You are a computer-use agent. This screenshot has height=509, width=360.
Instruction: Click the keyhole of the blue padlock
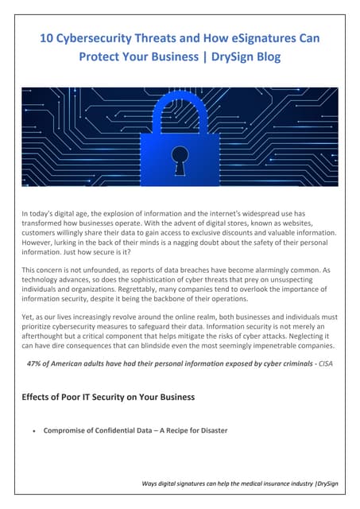[180, 157]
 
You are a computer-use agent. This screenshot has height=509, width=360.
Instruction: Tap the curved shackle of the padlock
[180, 111]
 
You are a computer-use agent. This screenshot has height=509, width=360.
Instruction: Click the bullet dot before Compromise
[32, 431]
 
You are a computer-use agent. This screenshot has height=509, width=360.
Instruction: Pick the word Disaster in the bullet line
[209, 430]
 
